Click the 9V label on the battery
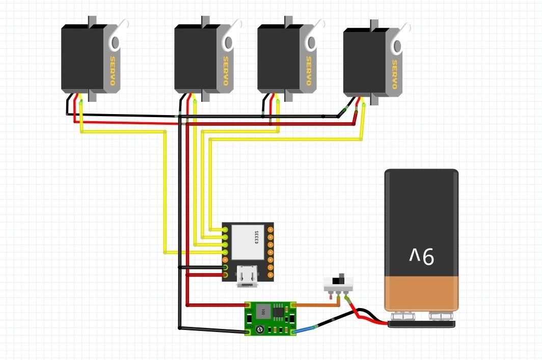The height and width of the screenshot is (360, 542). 422,256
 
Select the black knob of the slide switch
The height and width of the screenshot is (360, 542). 336,281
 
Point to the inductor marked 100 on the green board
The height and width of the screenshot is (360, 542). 263,311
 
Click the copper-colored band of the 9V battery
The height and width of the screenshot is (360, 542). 421,293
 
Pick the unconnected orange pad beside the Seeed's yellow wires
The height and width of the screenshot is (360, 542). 226,260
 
